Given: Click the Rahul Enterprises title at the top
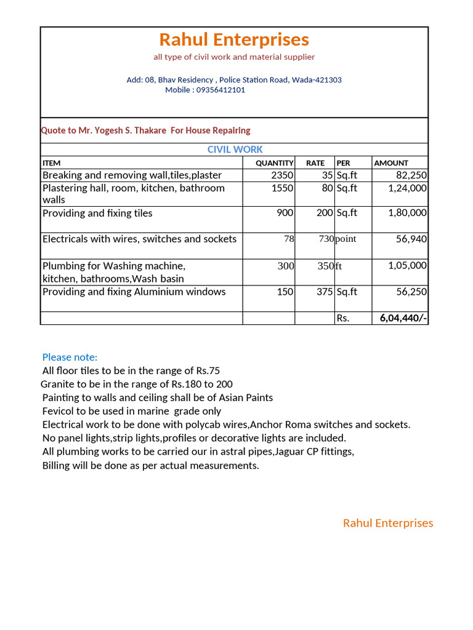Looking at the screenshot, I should [234, 40].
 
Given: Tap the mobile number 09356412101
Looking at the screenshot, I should [220, 90].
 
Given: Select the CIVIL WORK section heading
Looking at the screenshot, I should [235, 150].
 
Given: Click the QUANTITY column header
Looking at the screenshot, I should [275, 163].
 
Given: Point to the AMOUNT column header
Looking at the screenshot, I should [391, 163].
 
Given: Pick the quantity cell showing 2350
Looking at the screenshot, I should [282, 175].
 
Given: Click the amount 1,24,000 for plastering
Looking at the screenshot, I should [407, 188].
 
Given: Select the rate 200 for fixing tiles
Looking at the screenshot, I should [325, 213].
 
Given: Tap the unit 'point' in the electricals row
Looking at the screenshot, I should [346, 239].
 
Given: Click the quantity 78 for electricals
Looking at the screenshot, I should [289, 239].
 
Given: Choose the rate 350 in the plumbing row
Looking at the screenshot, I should [325, 266].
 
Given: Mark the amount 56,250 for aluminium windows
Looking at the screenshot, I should [411, 292].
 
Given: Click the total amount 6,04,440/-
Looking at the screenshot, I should [403, 318].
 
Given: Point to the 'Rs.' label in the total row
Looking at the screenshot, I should [343, 319].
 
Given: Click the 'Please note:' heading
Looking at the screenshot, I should [70, 357].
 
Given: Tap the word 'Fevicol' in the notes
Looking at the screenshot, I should [59, 411].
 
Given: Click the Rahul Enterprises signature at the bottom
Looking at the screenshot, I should [388, 523].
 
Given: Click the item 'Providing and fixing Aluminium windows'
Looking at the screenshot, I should [134, 292].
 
